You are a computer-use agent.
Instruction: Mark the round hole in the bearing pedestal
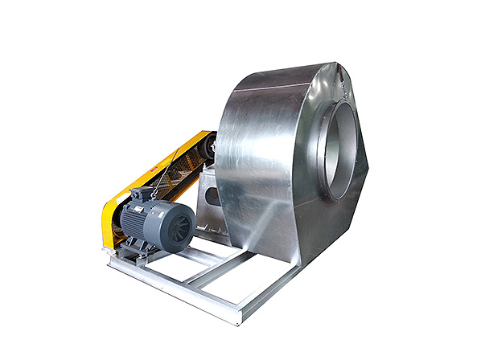(x=211, y=194)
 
